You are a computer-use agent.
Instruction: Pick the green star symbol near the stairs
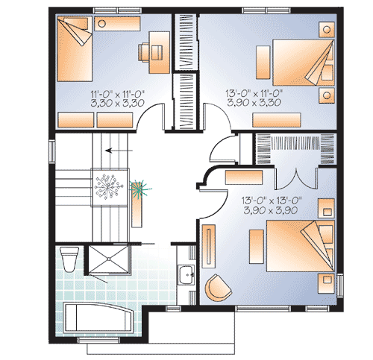coord(137,189)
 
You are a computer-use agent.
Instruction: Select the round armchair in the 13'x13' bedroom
coord(218,288)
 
